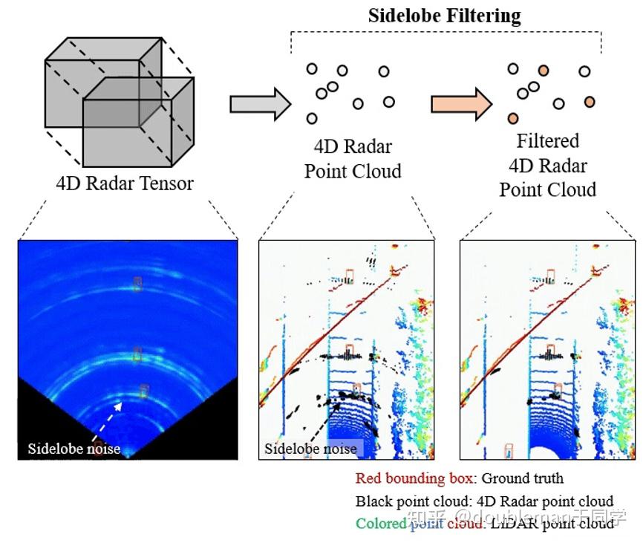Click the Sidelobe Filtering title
(444, 16)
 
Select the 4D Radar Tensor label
(124, 183)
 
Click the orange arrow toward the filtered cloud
(461, 103)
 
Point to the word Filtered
(547, 140)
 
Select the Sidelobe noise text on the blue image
(74, 448)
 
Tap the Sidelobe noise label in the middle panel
(310, 449)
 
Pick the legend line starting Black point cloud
(484, 501)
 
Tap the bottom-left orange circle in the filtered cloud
(512, 118)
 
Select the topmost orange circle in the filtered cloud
(544, 71)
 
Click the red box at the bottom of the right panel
(508, 450)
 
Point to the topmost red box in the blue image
(137, 283)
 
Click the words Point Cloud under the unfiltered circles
(353, 171)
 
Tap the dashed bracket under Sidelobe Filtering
(445, 33)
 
